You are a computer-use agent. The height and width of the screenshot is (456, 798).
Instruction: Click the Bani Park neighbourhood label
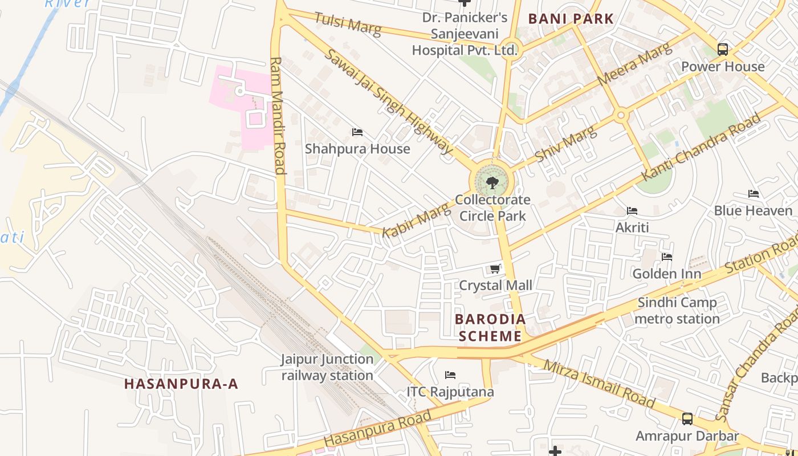tap(571, 19)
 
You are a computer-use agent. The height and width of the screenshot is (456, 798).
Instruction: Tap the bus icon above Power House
tap(723, 50)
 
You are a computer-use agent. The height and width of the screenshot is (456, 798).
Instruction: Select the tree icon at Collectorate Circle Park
tap(492, 183)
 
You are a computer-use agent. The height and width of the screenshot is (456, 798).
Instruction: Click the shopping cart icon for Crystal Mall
tap(495, 268)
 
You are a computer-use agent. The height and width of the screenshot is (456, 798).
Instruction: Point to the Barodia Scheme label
tap(490, 328)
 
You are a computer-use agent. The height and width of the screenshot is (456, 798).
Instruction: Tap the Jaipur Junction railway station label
tap(327, 368)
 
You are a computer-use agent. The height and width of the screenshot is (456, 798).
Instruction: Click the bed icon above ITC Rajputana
tap(450, 375)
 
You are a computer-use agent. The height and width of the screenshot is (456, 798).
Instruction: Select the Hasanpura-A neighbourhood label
tap(181, 384)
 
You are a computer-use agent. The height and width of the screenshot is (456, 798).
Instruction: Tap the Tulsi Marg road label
tap(348, 24)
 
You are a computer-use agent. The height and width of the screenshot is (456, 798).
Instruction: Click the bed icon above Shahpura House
tap(357, 132)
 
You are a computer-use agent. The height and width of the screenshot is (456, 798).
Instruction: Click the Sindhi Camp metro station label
tap(677, 311)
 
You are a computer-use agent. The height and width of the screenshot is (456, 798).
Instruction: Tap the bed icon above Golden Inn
tap(667, 257)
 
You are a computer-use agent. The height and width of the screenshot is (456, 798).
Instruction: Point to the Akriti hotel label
tap(632, 227)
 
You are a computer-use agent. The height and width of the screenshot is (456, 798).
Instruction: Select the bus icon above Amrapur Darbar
tap(687, 419)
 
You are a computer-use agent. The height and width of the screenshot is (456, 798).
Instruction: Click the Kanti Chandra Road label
tap(702, 148)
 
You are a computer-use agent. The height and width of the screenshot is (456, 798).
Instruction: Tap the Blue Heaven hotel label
tap(753, 211)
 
